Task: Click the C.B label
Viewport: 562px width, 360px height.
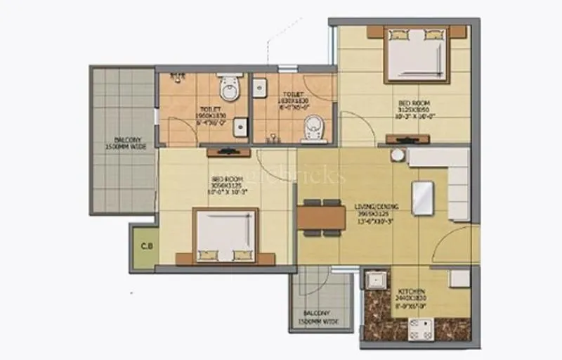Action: click(147, 246)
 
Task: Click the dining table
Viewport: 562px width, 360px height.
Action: click(321, 216)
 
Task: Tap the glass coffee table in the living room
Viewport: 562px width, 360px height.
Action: click(423, 197)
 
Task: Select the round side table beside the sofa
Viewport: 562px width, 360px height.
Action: click(398, 155)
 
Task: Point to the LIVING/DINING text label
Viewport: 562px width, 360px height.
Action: click(377, 207)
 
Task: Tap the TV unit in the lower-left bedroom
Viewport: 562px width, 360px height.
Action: click(226, 152)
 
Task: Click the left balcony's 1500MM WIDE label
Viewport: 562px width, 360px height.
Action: click(125, 147)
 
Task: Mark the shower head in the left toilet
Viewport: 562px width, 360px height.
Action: click(181, 74)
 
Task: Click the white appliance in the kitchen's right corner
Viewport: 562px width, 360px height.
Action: click(459, 278)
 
